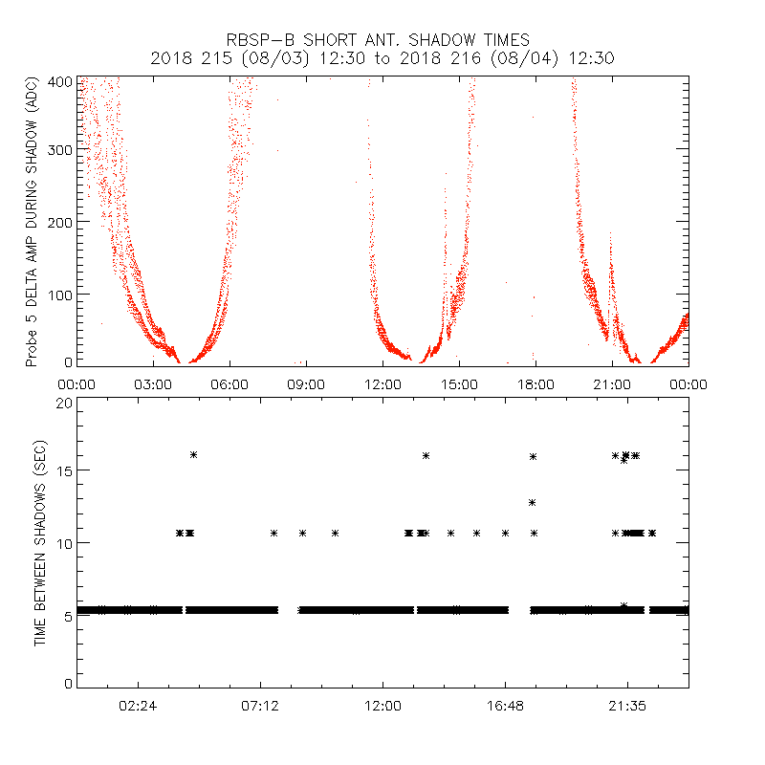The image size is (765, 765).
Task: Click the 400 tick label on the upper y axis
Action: [60, 82]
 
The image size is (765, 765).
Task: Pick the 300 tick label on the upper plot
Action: [60, 151]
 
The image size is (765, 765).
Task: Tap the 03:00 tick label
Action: [153, 383]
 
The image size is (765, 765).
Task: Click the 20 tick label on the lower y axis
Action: [64, 403]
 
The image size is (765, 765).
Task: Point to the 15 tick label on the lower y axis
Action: [64, 470]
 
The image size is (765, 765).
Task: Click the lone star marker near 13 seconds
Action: [532, 502]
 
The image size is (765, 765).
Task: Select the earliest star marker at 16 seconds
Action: [193, 455]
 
